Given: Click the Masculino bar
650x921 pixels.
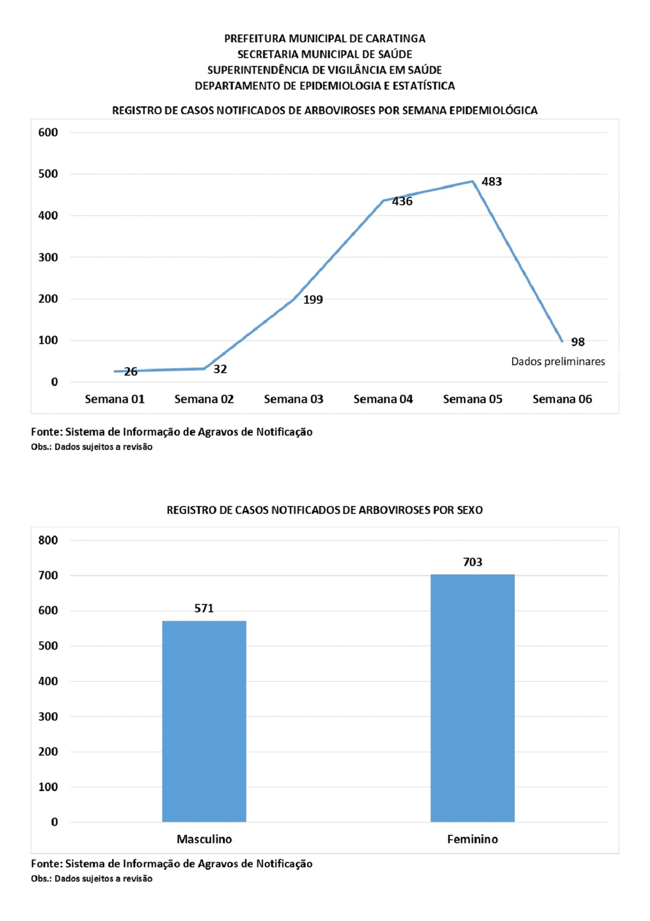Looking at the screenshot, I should tap(204, 721).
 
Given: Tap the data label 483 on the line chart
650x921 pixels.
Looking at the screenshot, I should tap(492, 182).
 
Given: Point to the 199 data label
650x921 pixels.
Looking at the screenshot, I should tap(313, 300).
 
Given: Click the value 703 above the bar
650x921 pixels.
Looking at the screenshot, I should tap(472, 562).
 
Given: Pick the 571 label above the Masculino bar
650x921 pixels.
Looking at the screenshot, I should tap(204, 608).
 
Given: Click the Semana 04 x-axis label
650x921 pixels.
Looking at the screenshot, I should tap(383, 399).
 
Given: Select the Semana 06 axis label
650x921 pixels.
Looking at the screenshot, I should tap(562, 399).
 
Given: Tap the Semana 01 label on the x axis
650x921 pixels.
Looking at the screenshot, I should tap(115, 399).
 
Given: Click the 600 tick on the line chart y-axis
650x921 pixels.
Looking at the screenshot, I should tap(48, 132).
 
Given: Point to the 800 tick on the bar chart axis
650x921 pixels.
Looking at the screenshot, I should tap(48, 540).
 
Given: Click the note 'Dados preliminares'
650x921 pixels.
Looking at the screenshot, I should tap(558, 362).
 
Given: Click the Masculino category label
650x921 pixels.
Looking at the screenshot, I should tap(204, 839).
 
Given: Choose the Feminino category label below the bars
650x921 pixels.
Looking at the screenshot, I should tap(472, 839).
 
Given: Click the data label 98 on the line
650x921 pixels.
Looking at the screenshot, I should tap(578, 342).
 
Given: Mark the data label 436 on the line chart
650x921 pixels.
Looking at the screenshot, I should tap(402, 201).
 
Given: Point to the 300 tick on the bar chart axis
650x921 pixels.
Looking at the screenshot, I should tap(48, 717).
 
